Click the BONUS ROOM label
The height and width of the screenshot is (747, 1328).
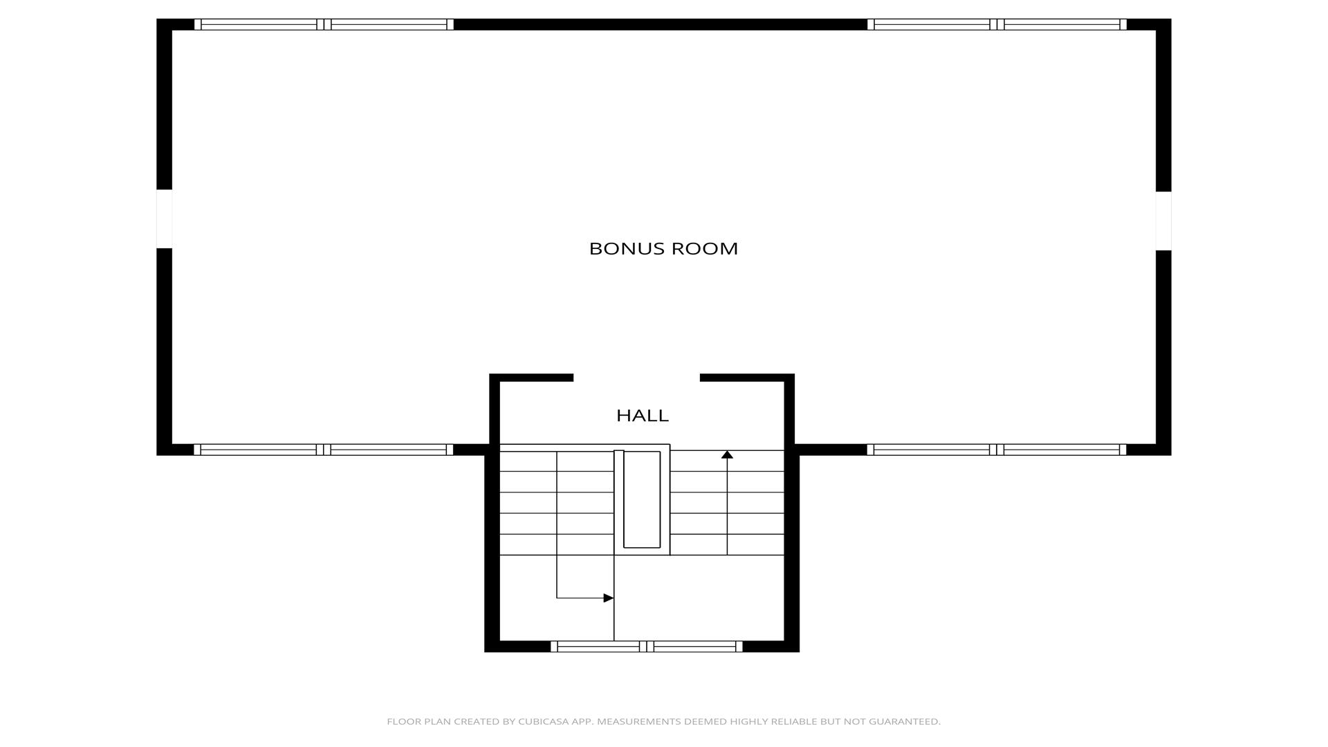(x=663, y=248)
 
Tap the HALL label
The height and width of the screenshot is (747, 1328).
(x=643, y=416)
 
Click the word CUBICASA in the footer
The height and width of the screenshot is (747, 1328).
(x=543, y=721)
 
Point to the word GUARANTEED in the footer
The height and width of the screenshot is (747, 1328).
(x=905, y=721)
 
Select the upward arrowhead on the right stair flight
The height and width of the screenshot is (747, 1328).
(x=727, y=454)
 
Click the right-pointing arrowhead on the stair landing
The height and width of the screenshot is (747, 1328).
(x=609, y=598)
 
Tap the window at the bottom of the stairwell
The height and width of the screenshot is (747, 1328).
(x=647, y=647)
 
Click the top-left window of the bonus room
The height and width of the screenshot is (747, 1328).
(x=324, y=25)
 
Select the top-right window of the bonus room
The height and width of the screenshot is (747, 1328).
(x=997, y=25)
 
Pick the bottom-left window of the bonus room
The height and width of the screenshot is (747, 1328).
(x=324, y=450)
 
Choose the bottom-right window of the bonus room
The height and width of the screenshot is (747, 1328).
(x=997, y=450)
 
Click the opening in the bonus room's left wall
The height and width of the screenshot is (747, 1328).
(x=164, y=219)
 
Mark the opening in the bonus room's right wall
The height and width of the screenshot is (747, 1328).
(x=1163, y=221)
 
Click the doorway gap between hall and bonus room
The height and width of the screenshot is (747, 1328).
(x=636, y=378)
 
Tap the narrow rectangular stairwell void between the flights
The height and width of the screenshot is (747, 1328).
(x=642, y=499)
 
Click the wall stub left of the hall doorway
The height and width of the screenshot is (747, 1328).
(x=531, y=378)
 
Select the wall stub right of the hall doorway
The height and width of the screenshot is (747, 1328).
(x=747, y=378)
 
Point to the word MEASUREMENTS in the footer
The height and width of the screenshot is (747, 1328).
(x=638, y=721)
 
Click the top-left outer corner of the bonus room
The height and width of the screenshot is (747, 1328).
(x=157, y=19)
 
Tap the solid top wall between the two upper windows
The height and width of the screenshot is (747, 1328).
(x=661, y=25)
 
